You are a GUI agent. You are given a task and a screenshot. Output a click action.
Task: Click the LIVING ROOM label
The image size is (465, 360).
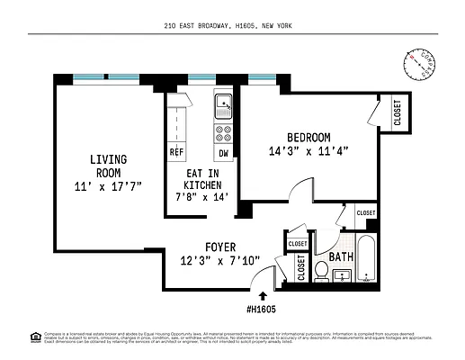pos(107,166)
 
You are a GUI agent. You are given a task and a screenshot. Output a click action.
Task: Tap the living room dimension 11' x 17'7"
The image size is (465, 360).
pos(107,185)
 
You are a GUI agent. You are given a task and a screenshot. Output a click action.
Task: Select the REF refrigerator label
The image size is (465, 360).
pos(176,152)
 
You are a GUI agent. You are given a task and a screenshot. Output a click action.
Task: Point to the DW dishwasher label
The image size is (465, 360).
pos(223,152)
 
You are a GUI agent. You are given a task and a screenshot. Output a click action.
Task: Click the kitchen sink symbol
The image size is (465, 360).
pos(223,107)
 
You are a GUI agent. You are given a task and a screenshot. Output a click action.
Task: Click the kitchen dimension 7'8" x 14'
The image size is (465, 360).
pos(202,196)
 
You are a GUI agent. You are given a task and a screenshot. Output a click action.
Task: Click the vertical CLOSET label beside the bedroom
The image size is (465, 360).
pos(397,112)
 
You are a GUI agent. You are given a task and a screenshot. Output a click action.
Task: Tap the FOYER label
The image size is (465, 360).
pos(220,245)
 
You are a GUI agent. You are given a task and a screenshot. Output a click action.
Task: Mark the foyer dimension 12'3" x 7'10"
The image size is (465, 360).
pos(220,260)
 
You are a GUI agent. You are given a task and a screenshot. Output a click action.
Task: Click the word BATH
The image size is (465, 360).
pos(340,257)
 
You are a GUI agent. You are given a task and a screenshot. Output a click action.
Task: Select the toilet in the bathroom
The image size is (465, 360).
pos(321,271)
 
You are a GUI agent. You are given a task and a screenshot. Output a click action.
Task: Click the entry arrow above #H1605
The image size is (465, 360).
pos(263,293)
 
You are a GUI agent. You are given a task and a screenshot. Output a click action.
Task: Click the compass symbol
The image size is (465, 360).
pos(418,64)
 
